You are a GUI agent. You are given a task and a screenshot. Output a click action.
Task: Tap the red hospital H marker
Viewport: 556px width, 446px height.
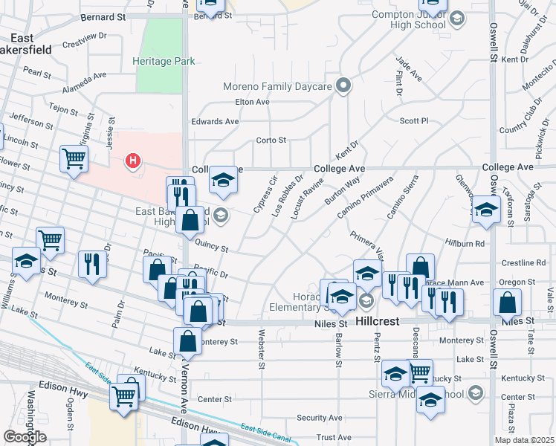133,160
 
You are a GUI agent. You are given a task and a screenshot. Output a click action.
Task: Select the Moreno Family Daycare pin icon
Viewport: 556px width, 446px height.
343,86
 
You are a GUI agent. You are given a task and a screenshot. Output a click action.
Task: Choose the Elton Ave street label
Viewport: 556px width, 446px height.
251,102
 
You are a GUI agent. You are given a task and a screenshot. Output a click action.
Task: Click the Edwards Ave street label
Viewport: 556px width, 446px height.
215,121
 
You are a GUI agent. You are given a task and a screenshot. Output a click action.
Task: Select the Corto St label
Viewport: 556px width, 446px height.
271,140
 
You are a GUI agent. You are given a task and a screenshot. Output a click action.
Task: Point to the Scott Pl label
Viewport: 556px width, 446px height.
414,120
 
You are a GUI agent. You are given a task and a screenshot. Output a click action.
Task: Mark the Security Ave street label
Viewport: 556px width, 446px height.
320,418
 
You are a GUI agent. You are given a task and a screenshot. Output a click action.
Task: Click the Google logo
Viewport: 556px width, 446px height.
25,437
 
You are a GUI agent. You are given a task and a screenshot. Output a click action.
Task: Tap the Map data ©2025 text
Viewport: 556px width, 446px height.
525,440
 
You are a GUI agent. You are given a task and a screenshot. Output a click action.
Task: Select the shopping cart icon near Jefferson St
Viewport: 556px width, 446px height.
74,158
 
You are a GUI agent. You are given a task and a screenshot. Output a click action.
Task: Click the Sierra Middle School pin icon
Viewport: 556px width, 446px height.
476,393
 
